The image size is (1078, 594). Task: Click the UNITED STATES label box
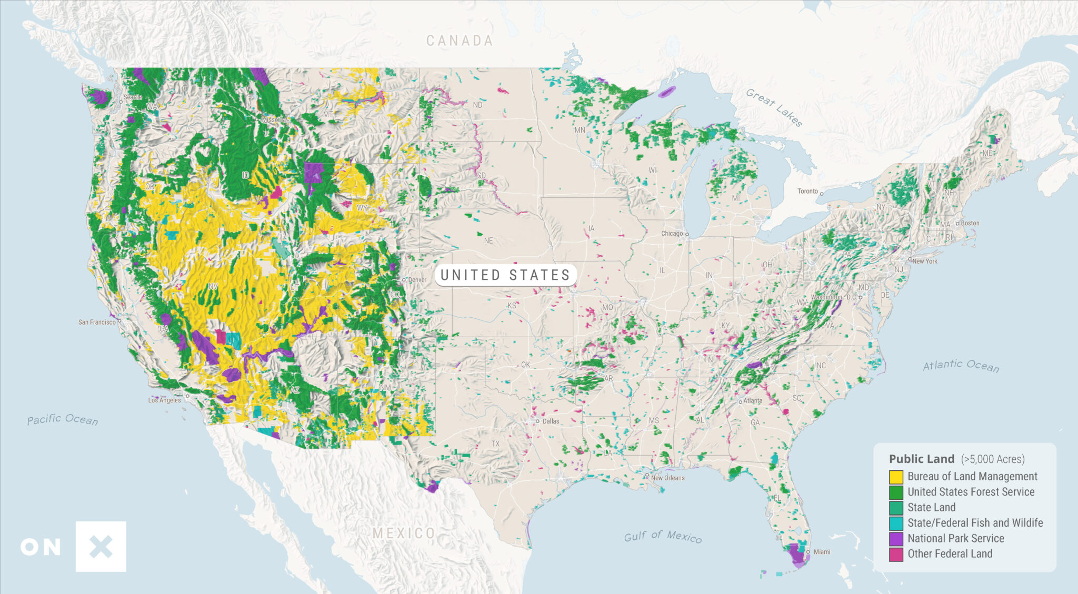[505, 275]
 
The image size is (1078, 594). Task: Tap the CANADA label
[459, 41]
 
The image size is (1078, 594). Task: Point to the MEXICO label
[404, 533]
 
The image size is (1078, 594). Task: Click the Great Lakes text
[774, 108]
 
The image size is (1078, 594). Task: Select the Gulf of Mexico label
[663, 536]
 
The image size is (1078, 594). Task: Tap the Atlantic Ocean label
[961, 366]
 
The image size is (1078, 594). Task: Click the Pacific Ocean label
[62, 419]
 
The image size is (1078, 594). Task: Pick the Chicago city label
[672, 233]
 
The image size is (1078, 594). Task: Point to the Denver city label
[417, 280]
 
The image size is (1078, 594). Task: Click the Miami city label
[822, 552]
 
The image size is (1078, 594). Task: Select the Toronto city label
[807, 191]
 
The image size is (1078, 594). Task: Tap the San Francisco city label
[97, 322]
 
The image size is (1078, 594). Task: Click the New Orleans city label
[667, 478]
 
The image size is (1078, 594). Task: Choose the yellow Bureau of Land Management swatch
[896, 477]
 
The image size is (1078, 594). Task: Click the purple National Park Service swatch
[896, 539]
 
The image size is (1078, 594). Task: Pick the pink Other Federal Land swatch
[896, 554]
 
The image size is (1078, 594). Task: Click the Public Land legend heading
[921, 459]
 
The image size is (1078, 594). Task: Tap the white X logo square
[101, 547]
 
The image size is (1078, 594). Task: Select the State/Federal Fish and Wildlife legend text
[975, 523]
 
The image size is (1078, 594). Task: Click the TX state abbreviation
[495, 444]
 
